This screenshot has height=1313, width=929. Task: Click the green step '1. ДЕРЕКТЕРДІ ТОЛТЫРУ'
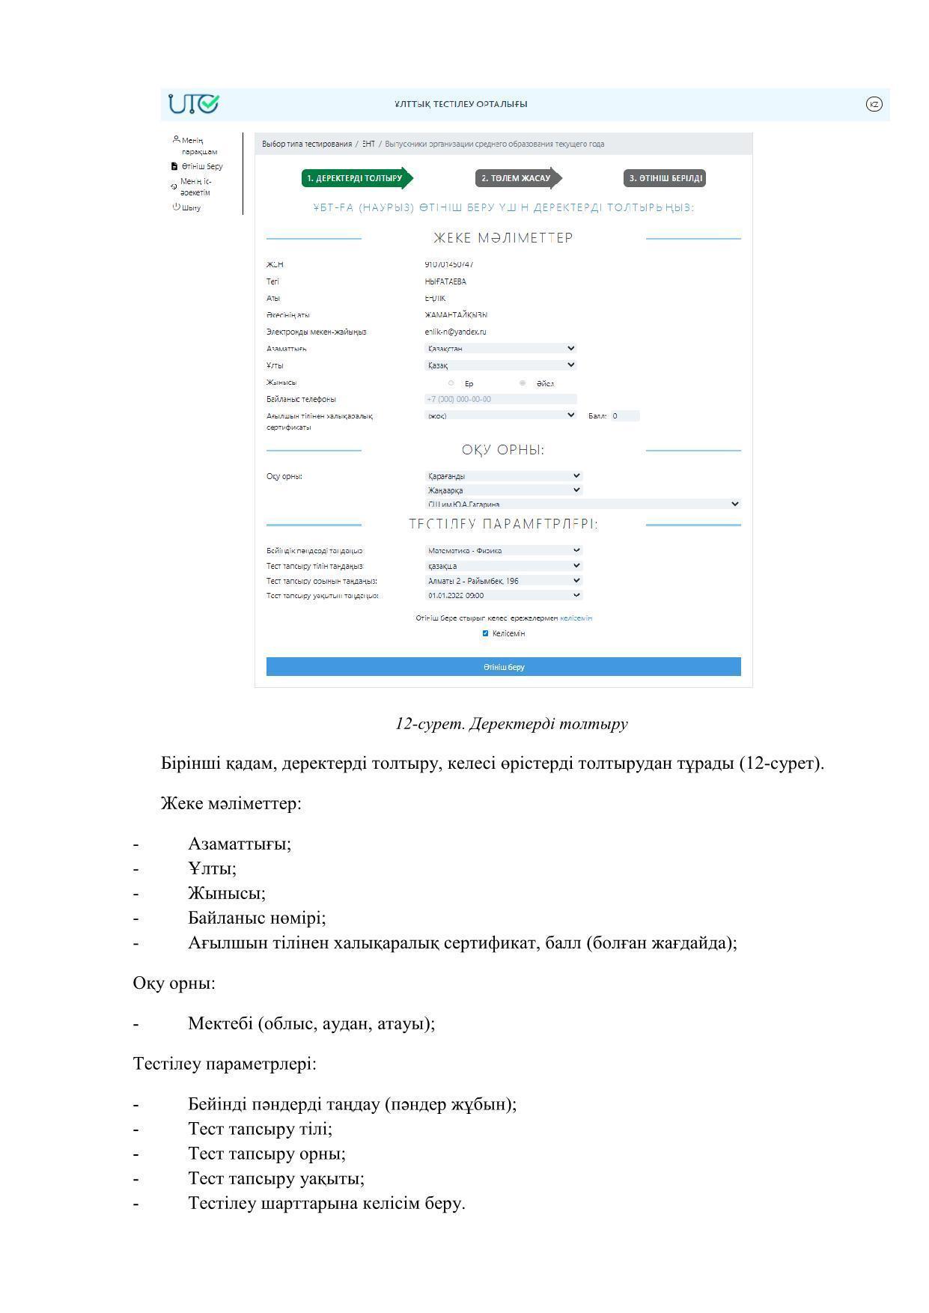[x=355, y=178]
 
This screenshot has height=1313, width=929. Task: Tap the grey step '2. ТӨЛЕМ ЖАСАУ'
[x=517, y=178]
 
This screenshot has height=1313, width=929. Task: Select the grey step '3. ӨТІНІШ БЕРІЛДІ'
[x=665, y=178]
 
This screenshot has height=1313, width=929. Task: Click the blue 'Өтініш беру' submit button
[x=503, y=666]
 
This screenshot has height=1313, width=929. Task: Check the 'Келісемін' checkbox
[x=485, y=633]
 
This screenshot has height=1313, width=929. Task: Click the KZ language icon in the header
[x=874, y=104]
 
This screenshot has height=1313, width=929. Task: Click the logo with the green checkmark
[x=194, y=104]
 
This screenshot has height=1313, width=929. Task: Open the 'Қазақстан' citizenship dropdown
[x=500, y=348]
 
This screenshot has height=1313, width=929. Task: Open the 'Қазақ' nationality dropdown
[x=500, y=365]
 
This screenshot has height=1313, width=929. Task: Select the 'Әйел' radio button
[x=523, y=383]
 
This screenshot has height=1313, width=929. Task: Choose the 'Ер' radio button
[x=451, y=383]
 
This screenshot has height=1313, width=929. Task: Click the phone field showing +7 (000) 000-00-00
[x=500, y=399]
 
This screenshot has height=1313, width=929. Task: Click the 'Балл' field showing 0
[x=624, y=416]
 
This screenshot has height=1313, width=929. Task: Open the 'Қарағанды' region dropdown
[x=503, y=476]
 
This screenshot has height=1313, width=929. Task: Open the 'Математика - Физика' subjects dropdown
[x=503, y=550]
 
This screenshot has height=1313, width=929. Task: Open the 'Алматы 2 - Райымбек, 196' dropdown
[x=503, y=581]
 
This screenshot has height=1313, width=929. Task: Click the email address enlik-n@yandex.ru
[x=455, y=332]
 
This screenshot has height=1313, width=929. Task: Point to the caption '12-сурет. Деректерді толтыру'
[x=511, y=724]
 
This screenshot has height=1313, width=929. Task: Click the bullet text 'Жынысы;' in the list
[x=227, y=893]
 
